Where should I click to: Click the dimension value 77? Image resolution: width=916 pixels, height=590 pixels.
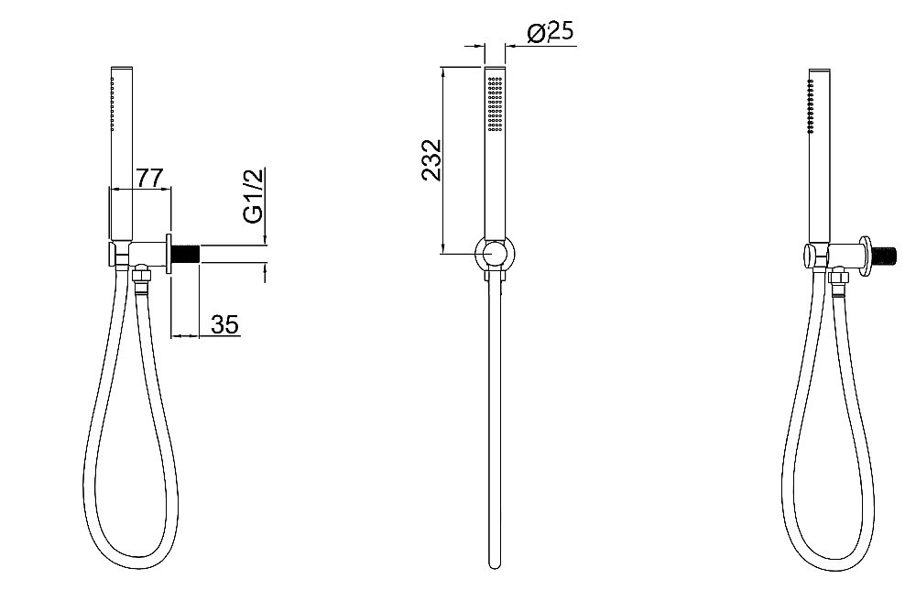[x=148, y=178]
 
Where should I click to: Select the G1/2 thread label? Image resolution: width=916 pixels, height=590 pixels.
[x=254, y=195]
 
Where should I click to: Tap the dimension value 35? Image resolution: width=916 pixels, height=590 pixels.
[x=225, y=324]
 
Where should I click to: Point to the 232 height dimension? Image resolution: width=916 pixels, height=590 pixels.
[x=431, y=160]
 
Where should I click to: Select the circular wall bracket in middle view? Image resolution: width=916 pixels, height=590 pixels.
[x=495, y=255]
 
